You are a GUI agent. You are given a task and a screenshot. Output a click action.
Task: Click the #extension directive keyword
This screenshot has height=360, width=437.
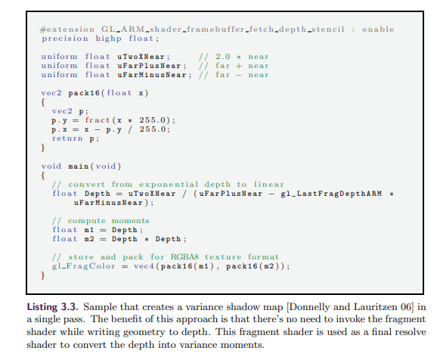point(67,29)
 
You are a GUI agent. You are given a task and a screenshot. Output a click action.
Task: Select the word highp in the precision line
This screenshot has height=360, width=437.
point(109,39)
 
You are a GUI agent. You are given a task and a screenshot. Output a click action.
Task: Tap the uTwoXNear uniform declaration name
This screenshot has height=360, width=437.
point(141,57)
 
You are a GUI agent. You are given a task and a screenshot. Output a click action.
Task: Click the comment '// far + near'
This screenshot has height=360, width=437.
point(234,66)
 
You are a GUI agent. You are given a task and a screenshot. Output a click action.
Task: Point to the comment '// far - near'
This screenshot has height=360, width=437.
point(234,75)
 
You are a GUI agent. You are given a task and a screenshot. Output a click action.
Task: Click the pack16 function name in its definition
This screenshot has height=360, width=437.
point(84,93)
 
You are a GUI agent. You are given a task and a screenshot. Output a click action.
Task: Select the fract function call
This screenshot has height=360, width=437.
point(98,120)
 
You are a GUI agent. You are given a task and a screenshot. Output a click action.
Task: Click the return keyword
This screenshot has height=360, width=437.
point(67,138)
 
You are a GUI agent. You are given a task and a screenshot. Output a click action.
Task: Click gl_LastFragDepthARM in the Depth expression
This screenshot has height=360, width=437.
point(331,194)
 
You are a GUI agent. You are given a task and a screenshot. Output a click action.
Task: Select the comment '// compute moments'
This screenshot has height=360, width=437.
point(101,221)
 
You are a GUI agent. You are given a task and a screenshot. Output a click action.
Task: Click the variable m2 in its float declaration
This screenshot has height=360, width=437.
point(89,239)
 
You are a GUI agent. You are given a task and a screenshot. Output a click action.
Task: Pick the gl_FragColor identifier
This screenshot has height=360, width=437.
point(84,266)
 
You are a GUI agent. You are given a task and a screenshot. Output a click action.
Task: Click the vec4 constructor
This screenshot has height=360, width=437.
point(144,266)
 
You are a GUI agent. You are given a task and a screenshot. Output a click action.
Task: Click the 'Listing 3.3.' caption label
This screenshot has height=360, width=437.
point(52,307)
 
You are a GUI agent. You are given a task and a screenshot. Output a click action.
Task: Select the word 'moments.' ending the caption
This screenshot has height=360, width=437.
point(242,345)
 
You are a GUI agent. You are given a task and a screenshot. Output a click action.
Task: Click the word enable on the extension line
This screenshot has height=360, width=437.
point(378,29)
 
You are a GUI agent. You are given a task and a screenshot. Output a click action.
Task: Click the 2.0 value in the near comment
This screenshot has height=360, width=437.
point(223,57)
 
